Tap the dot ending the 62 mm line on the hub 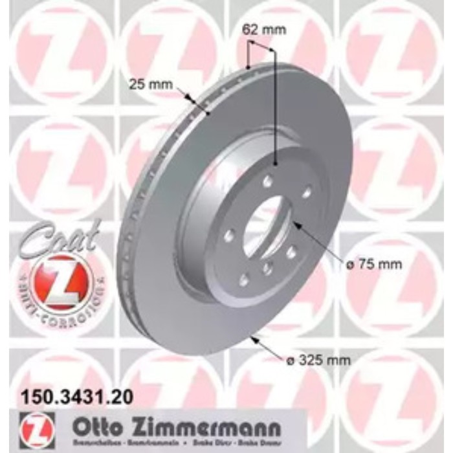(276, 165)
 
